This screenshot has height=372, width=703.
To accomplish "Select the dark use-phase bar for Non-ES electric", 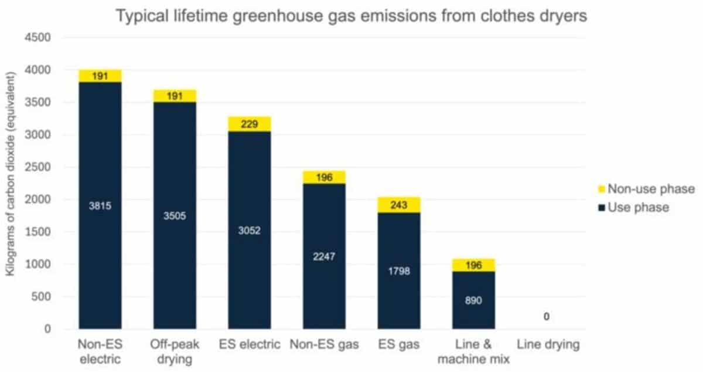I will (x=100, y=246).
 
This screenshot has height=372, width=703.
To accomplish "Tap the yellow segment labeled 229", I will (x=250, y=124).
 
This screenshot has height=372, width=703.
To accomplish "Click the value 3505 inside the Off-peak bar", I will (x=175, y=215).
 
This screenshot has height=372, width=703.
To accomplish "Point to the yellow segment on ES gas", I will (x=398, y=205).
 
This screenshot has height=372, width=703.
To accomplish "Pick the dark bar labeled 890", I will (x=473, y=300).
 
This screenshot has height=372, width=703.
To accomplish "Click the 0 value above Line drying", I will (x=547, y=317).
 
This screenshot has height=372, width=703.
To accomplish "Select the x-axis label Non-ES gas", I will (x=324, y=344).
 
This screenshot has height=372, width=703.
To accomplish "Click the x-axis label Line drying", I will (x=547, y=344).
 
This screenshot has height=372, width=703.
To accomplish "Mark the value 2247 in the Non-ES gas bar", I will (x=324, y=256).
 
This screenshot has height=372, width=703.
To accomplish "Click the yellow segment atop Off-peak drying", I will (x=175, y=96).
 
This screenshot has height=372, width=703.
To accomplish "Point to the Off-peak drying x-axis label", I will (x=175, y=351).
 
